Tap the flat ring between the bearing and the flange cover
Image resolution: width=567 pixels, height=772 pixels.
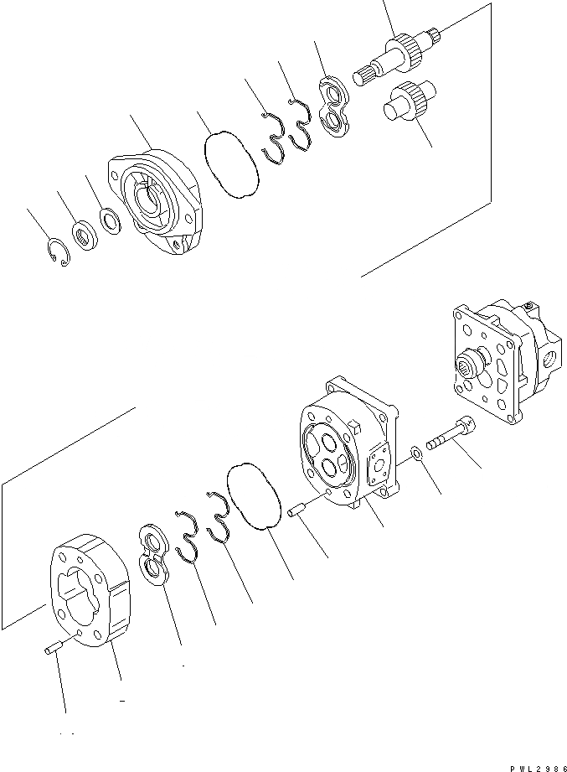[109, 220]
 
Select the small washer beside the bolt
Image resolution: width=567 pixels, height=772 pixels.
[416, 453]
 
